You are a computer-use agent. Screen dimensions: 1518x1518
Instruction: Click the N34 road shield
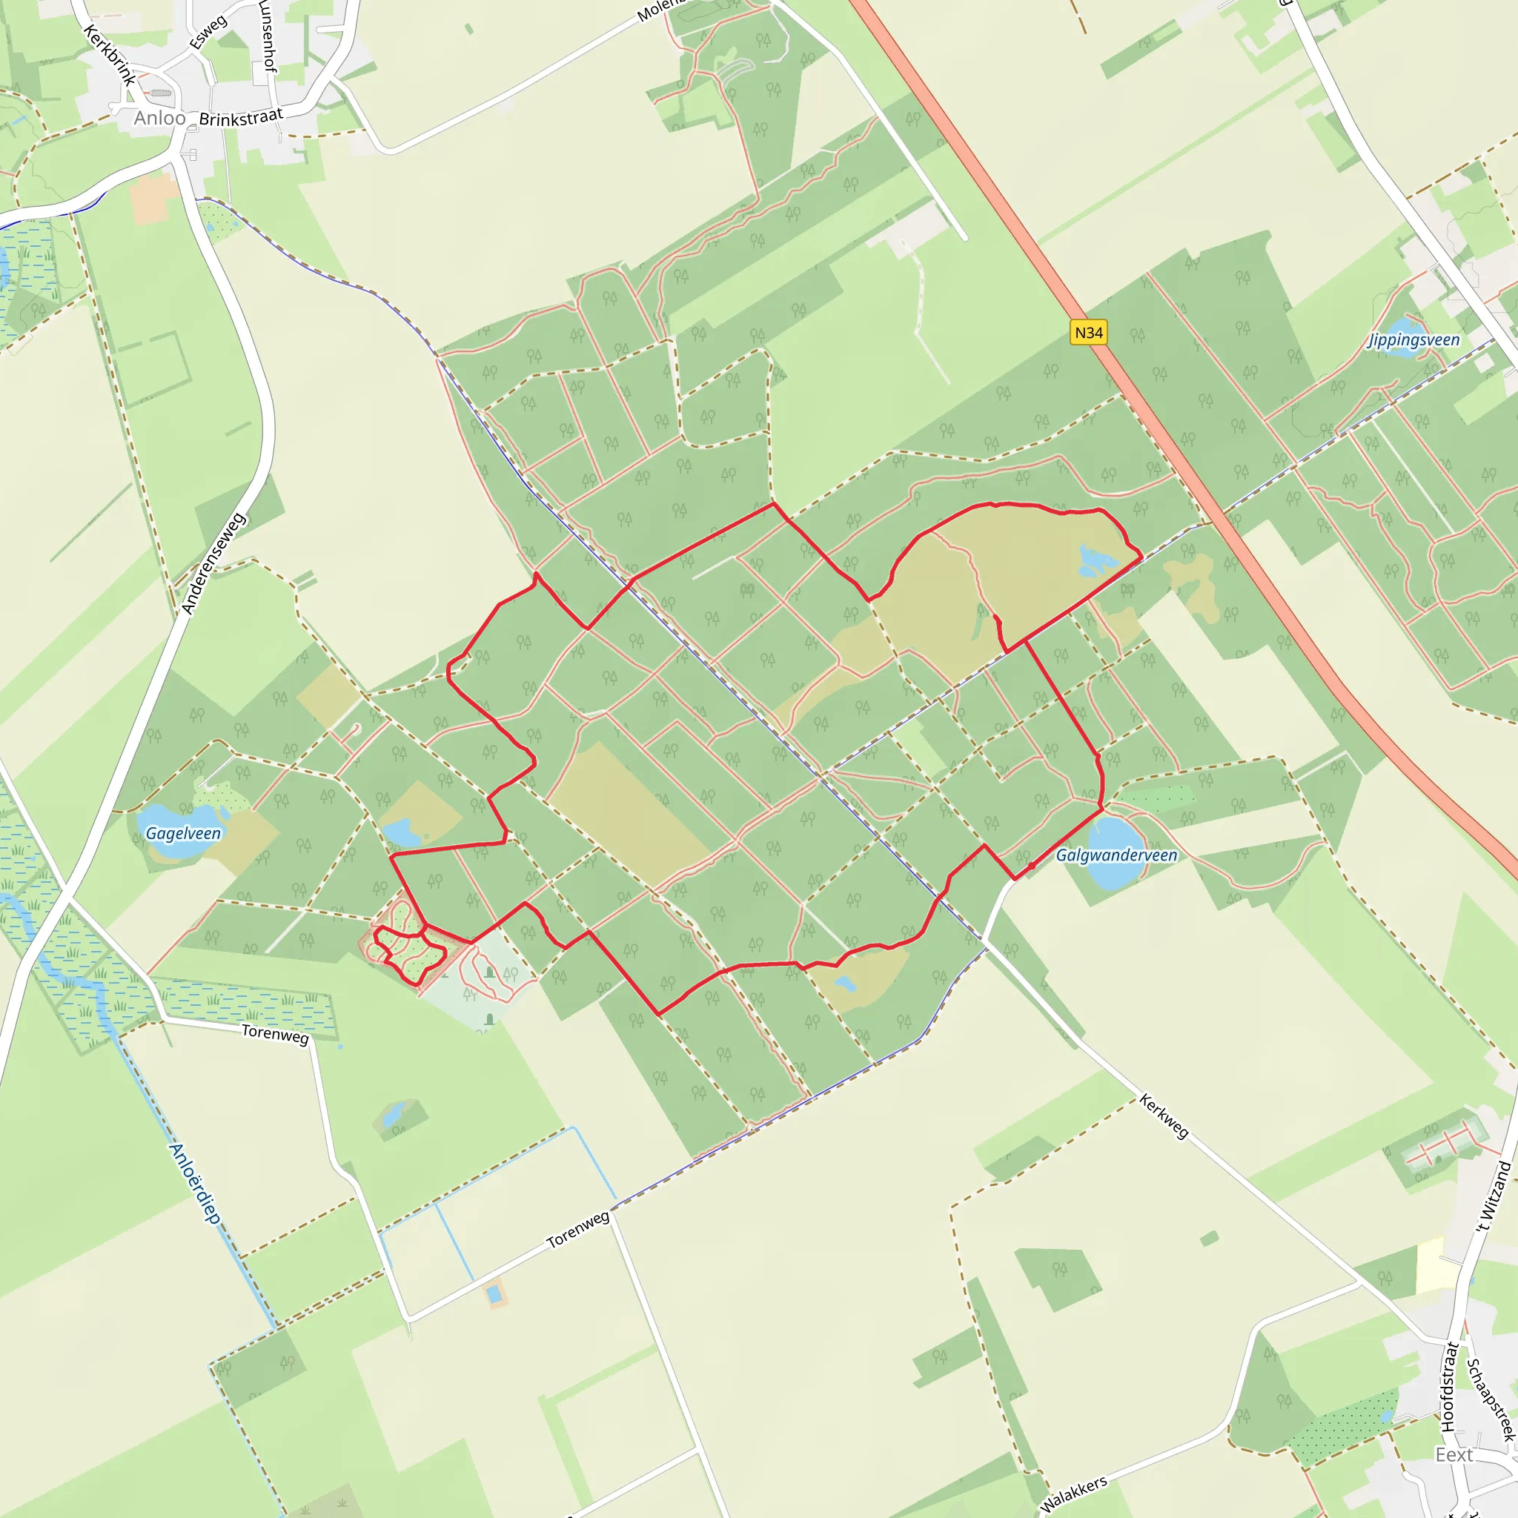tap(1088, 332)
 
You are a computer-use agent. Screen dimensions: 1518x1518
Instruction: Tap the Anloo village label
tap(159, 118)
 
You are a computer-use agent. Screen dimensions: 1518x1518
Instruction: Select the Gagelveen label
tap(183, 833)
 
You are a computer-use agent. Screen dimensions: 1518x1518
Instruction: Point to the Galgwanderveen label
tap(1116, 855)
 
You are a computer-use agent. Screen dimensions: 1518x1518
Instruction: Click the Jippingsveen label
tap(1413, 339)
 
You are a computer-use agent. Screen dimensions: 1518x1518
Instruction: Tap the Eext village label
tap(1454, 1455)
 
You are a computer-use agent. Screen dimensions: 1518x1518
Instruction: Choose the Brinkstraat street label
tap(240, 118)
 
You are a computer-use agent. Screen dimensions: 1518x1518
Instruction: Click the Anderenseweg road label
tap(213, 563)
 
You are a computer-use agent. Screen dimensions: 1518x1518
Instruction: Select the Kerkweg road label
tap(1164, 1116)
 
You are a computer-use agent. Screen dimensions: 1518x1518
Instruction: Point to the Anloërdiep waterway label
tap(195, 1183)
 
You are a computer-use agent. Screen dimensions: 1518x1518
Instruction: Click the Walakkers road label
tap(1073, 1493)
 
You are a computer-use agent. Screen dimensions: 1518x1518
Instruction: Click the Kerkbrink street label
tap(109, 55)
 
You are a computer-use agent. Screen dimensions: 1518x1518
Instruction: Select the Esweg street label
tap(208, 31)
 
